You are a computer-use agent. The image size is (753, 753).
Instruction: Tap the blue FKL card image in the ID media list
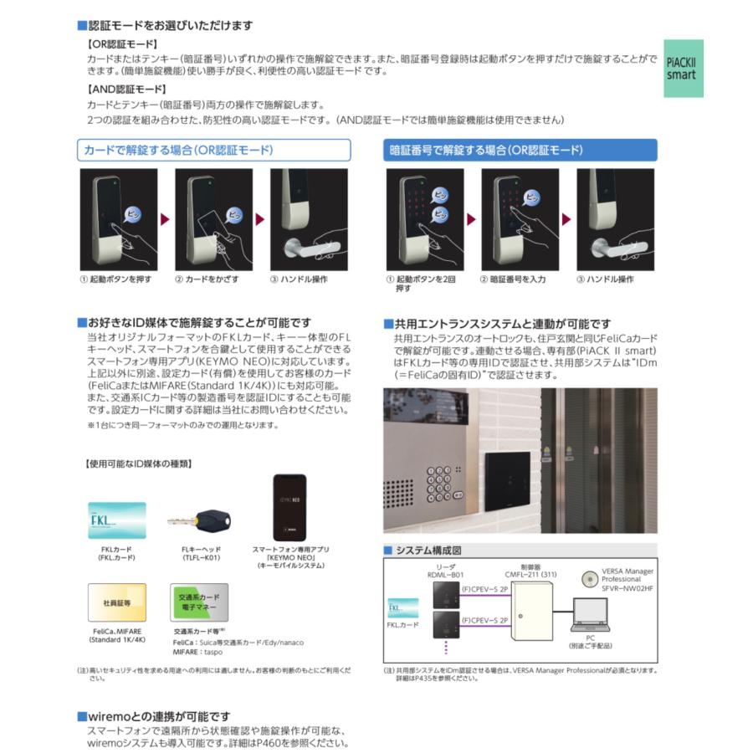117,520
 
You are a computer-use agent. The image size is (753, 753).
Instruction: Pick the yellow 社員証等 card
117,602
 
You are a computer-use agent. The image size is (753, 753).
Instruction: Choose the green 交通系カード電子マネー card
198,602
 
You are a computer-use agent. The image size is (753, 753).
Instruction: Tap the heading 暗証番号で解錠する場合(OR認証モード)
486,151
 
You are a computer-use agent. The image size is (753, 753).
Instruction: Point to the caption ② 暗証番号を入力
512,279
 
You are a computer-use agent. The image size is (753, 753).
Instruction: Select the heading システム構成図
428,551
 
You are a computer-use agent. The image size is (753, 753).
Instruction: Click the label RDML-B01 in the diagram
444,575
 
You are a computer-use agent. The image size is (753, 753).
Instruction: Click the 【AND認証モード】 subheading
127,89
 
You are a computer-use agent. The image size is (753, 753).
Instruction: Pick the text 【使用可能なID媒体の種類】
139,463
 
